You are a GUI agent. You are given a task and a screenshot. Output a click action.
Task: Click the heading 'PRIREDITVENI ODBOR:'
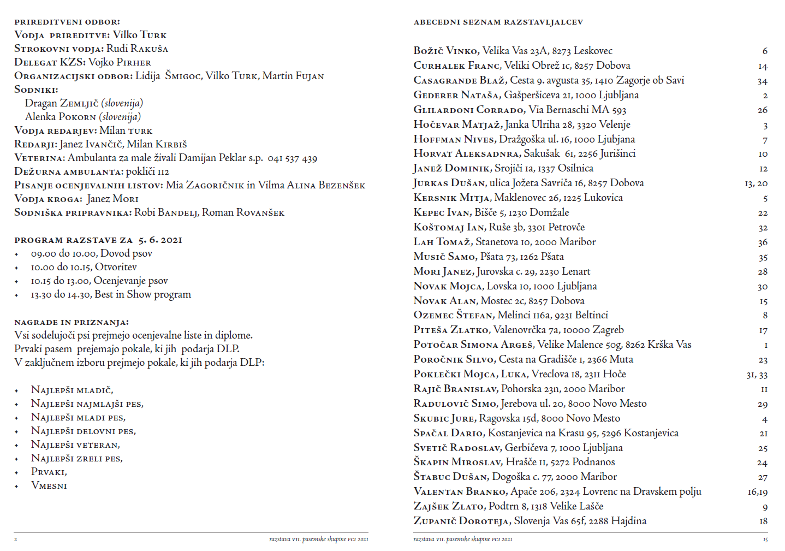click(x=67, y=22)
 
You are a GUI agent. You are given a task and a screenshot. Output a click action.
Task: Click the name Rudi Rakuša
click(x=137, y=49)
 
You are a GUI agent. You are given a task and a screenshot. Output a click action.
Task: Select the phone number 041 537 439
click(x=292, y=158)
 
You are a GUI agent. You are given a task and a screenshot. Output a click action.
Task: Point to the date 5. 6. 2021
click(x=160, y=240)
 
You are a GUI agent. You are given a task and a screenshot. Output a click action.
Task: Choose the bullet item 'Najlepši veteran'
click(x=75, y=445)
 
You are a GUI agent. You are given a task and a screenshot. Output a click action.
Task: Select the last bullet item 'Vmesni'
click(x=49, y=485)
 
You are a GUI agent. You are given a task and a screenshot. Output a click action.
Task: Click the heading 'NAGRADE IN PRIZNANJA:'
click(x=72, y=322)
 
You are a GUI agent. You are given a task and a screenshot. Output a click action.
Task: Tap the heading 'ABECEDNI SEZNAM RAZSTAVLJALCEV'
click(x=498, y=22)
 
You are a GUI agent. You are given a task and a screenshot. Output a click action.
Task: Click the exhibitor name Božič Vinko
click(x=446, y=51)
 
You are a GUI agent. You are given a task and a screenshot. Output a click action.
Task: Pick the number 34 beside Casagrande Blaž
click(x=762, y=81)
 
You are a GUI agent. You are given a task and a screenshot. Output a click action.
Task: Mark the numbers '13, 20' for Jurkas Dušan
click(x=756, y=183)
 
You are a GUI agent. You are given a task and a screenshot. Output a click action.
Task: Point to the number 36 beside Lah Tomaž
click(x=762, y=242)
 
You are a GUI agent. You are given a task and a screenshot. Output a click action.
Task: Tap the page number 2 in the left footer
click(x=16, y=540)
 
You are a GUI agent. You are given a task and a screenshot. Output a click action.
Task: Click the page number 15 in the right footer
click(x=765, y=540)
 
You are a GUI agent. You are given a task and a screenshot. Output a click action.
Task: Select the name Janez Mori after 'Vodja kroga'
click(x=112, y=199)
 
